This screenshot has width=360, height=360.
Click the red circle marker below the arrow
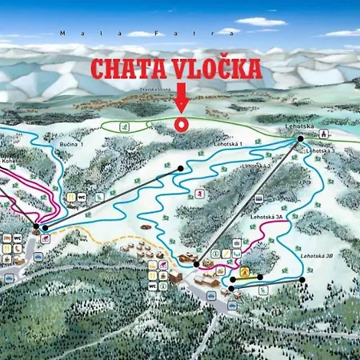[x=181, y=124]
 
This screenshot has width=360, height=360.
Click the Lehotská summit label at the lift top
[x=296, y=127]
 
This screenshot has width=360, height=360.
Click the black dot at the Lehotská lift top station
[x=301, y=138]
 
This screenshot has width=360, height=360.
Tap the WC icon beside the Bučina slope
[x=81, y=196]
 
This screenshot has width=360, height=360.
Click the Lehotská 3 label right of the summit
[x=322, y=149]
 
